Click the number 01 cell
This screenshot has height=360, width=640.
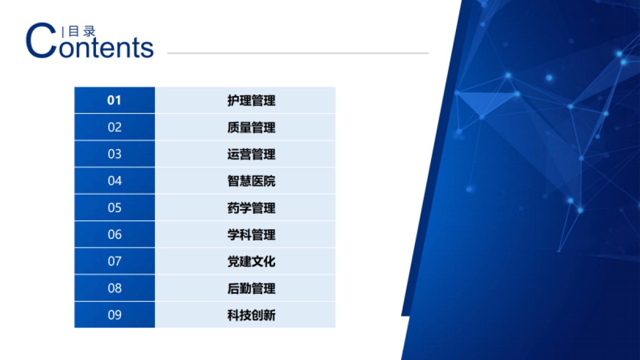115,100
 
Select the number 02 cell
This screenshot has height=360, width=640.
115,127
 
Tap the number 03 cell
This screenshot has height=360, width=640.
115,154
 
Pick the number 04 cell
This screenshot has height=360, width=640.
115,181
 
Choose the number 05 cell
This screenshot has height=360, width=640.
115,207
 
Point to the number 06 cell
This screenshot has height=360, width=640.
115,235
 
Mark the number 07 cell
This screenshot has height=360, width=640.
115,261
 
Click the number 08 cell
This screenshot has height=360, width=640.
115,288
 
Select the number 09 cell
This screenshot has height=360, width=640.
115,315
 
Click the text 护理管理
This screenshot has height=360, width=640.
251,100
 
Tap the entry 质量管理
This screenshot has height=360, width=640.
251,127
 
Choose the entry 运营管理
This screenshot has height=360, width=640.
251,154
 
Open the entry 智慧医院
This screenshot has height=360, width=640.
251,181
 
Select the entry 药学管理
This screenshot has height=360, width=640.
251,207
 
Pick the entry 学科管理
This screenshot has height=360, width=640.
251,235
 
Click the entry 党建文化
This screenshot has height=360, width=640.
251,261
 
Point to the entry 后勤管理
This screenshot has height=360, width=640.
251,288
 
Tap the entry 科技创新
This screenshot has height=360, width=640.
251,315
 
